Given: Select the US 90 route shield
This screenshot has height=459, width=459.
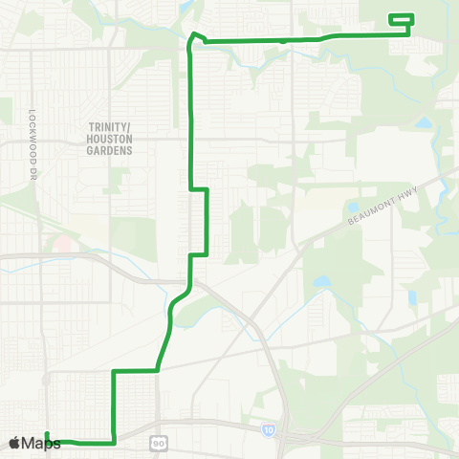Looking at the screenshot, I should coord(158,443).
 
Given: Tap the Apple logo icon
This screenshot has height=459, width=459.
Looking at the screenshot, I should coord(15,442).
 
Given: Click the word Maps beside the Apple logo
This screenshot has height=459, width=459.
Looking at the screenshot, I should coord(42,443).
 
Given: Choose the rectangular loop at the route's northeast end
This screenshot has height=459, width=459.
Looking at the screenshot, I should coord(401,18).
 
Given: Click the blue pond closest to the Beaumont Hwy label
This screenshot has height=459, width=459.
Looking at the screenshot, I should coord(320,283).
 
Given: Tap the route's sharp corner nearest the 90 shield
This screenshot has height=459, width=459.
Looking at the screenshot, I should coord(115,443).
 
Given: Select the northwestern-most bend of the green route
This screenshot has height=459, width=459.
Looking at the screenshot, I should coord(193,35).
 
